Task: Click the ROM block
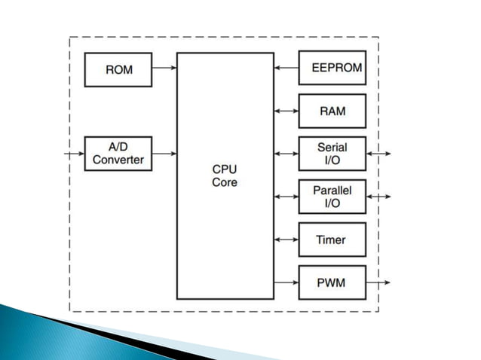(118, 69)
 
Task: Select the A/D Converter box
(118, 154)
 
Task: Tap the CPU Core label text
(225, 175)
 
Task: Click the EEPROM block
(332, 68)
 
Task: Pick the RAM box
(332, 111)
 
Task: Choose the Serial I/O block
(332, 154)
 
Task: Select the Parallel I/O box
(332, 197)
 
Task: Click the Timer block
(332, 239)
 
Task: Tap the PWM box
(332, 282)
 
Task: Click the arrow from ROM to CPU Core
(164, 69)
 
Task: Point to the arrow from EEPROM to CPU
(286, 68)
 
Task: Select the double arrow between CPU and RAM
(286, 111)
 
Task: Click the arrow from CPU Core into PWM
(286, 282)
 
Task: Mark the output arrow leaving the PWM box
(378, 282)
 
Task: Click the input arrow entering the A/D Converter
(75, 154)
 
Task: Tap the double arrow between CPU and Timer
(286, 239)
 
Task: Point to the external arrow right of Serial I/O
(378, 154)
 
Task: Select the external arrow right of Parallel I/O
(378, 197)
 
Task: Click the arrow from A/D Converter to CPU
(164, 154)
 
